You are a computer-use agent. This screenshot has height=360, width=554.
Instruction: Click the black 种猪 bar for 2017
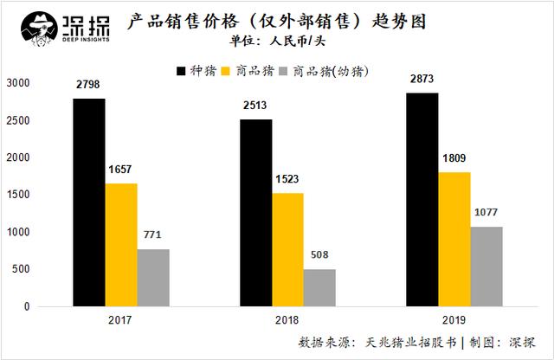[88, 202]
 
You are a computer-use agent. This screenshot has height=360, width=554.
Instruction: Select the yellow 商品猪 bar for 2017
[121, 245]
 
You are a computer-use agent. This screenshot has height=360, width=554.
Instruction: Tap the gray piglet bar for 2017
[153, 278]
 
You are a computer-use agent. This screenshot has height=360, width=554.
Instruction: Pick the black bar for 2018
[256, 213]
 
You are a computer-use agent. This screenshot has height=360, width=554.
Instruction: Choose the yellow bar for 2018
[288, 249]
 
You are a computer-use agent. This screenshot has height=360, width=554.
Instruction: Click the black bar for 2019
[422, 200]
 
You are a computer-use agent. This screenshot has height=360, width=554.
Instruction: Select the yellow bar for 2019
[454, 239]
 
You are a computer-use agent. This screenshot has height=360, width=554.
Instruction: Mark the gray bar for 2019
[486, 267]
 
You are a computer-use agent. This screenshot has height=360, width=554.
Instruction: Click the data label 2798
[88, 84]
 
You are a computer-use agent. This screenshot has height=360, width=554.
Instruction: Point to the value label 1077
[486, 213]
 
